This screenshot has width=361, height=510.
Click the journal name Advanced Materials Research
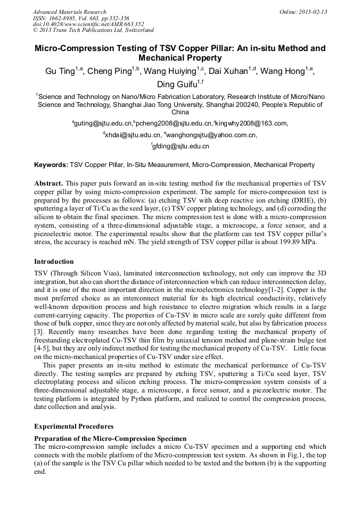point(69,12)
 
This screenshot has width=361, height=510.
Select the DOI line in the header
point(88,24)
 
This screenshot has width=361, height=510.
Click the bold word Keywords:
point(51,165)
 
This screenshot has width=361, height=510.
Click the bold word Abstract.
point(49,182)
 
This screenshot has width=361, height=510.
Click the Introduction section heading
point(54,262)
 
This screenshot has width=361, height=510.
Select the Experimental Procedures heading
point(73,427)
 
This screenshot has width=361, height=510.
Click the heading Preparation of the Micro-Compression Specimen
point(110,438)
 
